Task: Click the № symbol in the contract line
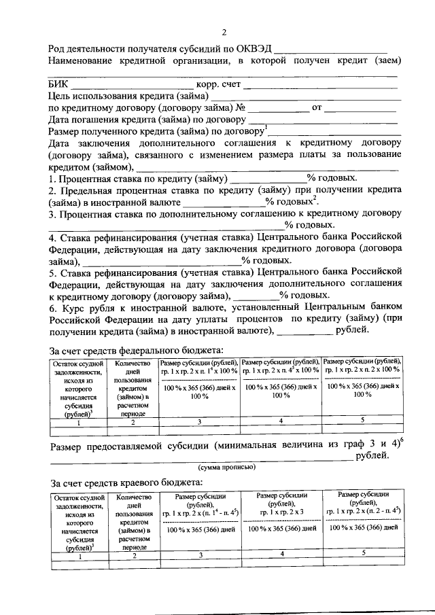click(x=240, y=108)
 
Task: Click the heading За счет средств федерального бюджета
click(x=136, y=351)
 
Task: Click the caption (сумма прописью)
click(x=226, y=468)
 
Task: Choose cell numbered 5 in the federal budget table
click(x=362, y=420)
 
